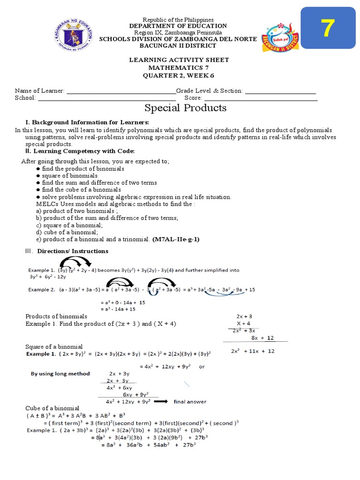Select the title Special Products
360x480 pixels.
click(x=185, y=108)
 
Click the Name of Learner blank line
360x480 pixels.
click(x=121, y=91)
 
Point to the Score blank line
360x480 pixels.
click(x=261, y=98)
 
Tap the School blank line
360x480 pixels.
click(x=106, y=98)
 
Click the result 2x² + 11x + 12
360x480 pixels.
click(x=253, y=351)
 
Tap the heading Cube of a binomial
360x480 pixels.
click(x=52, y=408)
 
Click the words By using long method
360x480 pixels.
click(x=60, y=374)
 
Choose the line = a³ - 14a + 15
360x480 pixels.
click(x=118, y=309)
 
